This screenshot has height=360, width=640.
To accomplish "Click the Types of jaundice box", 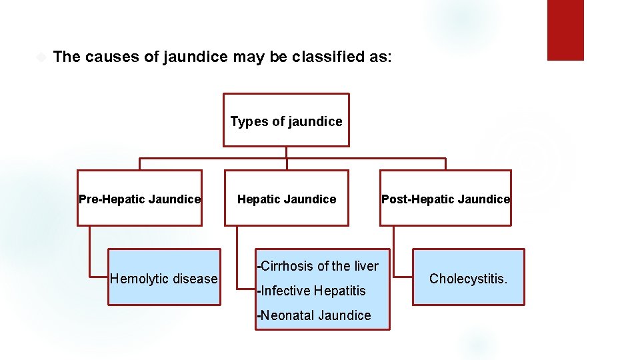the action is (286, 120).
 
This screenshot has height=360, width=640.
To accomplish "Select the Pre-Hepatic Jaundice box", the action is (139, 199).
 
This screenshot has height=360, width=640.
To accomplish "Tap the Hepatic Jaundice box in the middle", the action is (287, 199).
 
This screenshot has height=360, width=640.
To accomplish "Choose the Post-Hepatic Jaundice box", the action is (445, 199).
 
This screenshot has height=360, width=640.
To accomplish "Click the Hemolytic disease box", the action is (164, 278).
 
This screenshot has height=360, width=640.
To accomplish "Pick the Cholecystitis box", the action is (468, 278).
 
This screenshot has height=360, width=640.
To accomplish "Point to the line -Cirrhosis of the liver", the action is (318, 266).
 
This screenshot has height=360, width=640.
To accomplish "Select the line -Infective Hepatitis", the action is (311, 291).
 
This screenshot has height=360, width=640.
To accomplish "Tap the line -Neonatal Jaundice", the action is (314, 315).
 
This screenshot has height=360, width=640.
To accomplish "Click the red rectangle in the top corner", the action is (565, 30).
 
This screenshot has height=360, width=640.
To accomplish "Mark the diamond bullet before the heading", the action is (41, 57).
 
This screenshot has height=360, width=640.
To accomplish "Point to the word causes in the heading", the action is (112, 57).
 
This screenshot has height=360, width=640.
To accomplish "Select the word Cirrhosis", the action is (287, 266).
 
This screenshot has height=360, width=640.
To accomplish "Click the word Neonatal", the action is (287, 315).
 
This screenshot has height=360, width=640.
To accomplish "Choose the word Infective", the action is (285, 291).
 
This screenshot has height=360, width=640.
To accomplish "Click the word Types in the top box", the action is (245, 121).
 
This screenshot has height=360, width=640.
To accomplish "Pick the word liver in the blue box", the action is (365, 266).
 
